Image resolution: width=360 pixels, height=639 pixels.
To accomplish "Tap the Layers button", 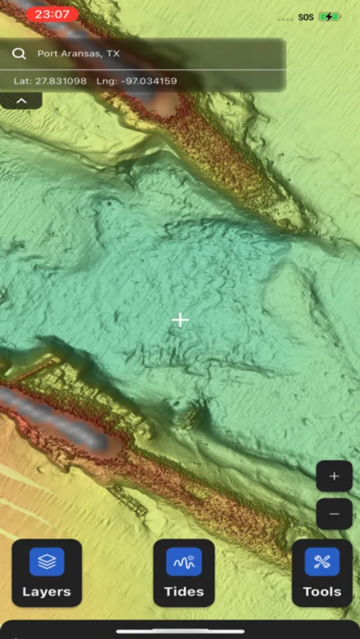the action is [x=47, y=573].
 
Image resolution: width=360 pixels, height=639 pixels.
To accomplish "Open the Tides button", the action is [x=184, y=573].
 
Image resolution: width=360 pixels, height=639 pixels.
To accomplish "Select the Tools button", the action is [x=322, y=573].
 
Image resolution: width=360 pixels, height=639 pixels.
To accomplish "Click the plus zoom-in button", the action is [x=334, y=476].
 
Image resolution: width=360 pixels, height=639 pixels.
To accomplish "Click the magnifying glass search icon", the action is [x=20, y=54].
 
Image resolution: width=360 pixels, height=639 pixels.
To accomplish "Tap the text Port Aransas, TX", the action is [x=79, y=54].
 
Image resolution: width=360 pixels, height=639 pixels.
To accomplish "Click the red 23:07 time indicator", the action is [x=52, y=14].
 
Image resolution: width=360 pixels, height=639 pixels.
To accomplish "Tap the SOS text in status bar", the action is [x=305, y=16].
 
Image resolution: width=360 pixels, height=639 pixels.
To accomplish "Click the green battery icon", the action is [x=328, y=16].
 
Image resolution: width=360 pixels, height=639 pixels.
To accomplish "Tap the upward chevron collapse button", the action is [x=21, y=101].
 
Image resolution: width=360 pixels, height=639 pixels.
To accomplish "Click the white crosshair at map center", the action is [x=180, y=320].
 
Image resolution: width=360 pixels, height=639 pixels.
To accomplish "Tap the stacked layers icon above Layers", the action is [x=47, y=562].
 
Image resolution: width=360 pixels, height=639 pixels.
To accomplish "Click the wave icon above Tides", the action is [x=184, y=562].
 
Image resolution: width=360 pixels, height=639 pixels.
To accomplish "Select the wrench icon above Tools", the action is [x=322, y=562].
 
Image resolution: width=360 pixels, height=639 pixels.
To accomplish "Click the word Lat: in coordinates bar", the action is [x=22, y=81].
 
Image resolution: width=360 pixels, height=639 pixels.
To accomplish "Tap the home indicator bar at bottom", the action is [x=180, y=630].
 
